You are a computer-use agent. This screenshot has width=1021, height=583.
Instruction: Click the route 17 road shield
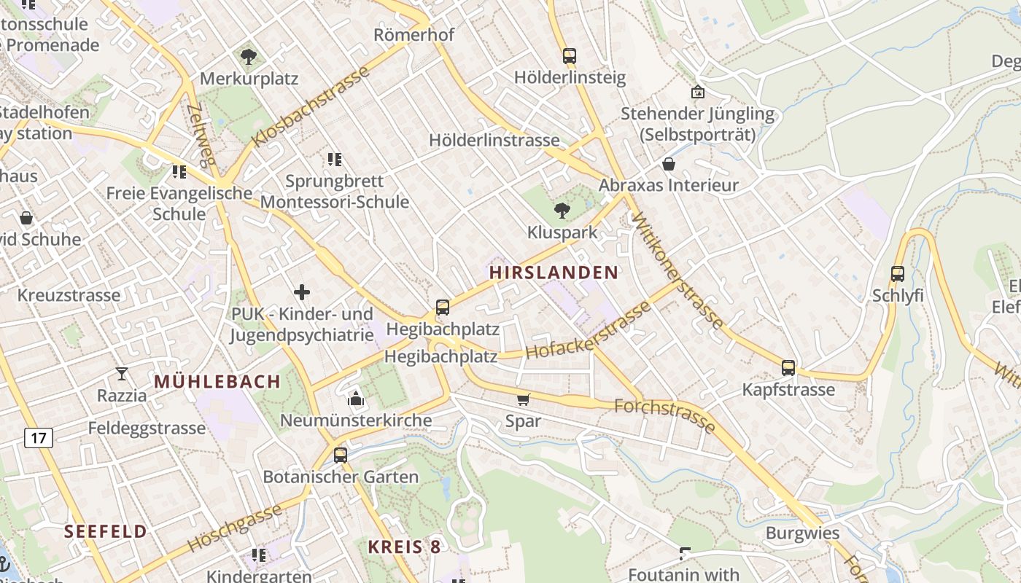click(38, 438)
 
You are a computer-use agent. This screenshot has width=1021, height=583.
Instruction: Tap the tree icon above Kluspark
click(562, 211)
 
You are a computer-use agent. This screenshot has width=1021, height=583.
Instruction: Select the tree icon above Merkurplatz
click(249, 56)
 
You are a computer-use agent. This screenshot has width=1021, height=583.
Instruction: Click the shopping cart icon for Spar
click(523, 399)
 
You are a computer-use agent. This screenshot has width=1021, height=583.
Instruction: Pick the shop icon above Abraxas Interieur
click(668, 164)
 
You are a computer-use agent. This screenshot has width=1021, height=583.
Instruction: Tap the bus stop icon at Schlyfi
click(897, 274)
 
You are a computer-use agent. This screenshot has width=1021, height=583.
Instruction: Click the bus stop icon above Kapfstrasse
click(788, 368)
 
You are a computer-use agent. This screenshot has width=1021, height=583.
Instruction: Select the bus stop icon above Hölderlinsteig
click(569, 55)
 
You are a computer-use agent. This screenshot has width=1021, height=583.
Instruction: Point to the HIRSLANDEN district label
click(554, 273)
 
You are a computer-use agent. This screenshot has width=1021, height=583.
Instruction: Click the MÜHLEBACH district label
click(217, 382)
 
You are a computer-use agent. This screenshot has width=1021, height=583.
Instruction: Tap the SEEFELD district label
click(106, 531)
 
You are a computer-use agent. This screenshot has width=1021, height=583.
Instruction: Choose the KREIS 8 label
click(404, 547)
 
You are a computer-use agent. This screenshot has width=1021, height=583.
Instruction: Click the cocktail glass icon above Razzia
click(122, 374)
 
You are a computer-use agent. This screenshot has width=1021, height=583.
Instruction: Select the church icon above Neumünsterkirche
click(355, 399)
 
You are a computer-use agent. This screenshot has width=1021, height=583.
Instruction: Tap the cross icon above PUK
click(302, 292)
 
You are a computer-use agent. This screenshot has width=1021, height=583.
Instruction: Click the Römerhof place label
click(414, 34)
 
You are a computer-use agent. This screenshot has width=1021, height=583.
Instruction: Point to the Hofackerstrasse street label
click(588, 331)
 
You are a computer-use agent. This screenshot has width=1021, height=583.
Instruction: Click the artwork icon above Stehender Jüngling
click(697, 92)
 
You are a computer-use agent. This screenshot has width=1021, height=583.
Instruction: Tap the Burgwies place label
click(802, 533)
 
